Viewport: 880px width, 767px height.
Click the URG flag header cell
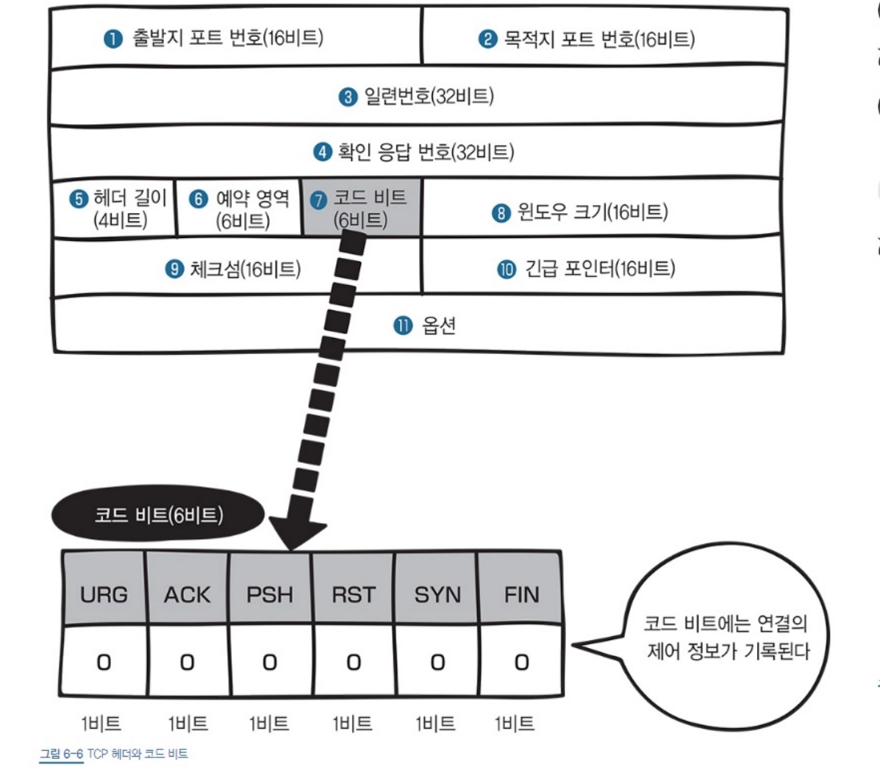click(104, 594)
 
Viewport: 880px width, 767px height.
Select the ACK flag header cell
click(187, 594)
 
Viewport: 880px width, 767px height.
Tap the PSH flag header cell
click(270, 594)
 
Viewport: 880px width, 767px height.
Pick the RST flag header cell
click(354, 594)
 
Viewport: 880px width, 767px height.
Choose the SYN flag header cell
click(437, 594)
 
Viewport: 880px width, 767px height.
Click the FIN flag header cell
click(521, 594)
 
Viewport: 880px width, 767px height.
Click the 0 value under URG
click(104, 663)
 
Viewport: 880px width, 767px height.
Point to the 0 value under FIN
click(521, 663)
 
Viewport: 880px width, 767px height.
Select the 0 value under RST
click(354, 663)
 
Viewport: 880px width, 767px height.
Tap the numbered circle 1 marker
click(112, 39)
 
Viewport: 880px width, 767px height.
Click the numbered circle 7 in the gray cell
click(318, 201)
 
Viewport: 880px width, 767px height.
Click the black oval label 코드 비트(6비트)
click(158, 515)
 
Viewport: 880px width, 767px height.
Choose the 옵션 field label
click(439, 325)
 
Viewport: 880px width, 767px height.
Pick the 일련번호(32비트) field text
click(428, 96)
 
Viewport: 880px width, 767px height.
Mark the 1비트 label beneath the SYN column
click(435, 724)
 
